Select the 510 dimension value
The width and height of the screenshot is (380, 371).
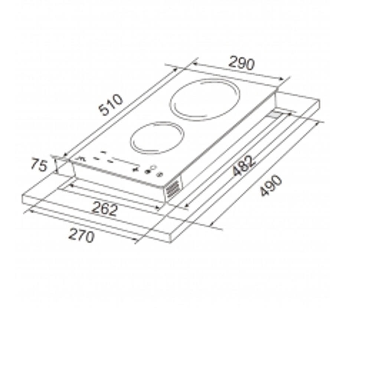pos(111,105)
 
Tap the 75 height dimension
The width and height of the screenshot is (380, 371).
pos(38,165)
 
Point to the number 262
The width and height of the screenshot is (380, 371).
pos(104,209)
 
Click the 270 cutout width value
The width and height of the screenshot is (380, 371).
pos(81,235)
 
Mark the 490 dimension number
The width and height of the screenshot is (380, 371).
pos(271,185)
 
